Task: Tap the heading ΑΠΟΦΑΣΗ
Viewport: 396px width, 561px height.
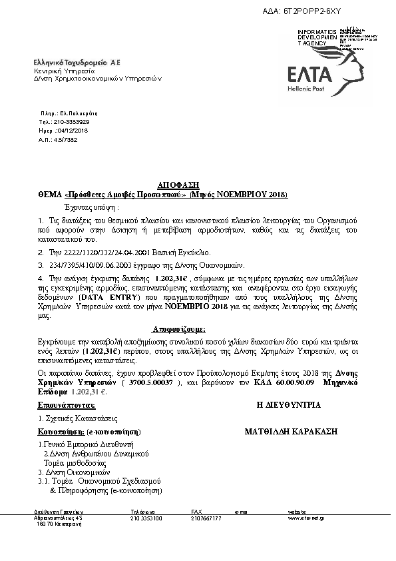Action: (x=178, y=185)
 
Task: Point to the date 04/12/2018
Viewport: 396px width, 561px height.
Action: (x=74, y=131)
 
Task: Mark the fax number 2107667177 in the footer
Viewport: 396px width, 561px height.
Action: (x=206, y=518)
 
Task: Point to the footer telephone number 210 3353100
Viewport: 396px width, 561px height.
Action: (x=146, y=518)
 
